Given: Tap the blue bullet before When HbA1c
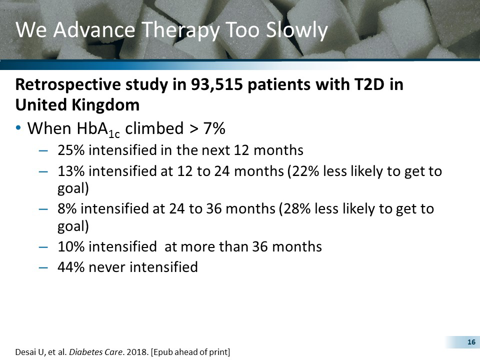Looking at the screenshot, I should (18, 128).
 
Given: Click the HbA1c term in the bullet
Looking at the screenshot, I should (97, 129).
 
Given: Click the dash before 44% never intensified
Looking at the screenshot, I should (44, 267).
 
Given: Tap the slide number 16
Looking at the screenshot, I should (470, 342).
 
